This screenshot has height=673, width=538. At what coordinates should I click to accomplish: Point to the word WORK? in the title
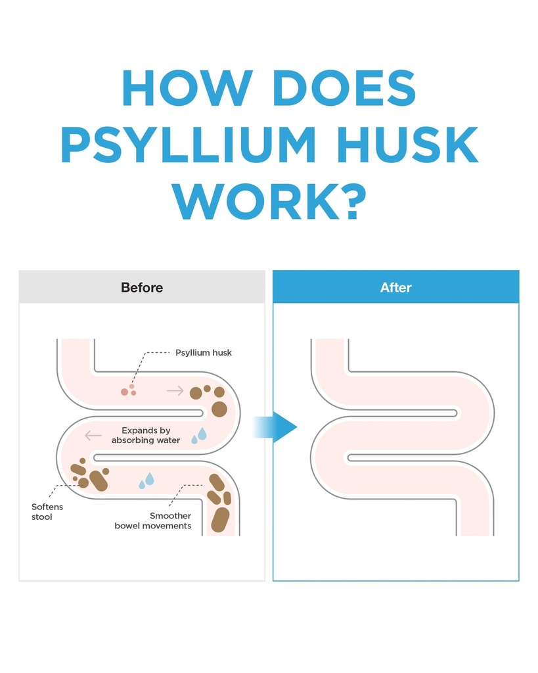coord(269,201)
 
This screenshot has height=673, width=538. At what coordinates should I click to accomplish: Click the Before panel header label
coord(142,287)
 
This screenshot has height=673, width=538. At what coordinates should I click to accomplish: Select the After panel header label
coord(395,287)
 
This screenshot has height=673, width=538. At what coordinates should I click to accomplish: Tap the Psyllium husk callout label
coord(204,353)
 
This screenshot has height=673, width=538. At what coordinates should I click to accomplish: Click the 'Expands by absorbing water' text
coord(146,435)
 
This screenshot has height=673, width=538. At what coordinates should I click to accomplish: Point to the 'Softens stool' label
coord(47,511)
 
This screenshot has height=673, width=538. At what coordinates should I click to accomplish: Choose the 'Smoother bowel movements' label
coord(153,521)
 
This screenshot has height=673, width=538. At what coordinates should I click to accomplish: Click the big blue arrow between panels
coord(275,427)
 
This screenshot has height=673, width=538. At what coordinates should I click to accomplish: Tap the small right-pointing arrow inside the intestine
coord(175,390)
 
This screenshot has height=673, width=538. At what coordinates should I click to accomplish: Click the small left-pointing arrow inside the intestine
coord(93,436)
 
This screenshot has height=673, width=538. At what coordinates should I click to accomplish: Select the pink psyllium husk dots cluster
coord(129,390)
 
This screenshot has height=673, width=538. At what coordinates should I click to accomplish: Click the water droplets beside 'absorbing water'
coord(199,435)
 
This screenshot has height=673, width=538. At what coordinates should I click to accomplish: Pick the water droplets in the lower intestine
coord(146,480)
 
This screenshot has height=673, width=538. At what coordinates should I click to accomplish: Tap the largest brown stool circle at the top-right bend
coord(219,409)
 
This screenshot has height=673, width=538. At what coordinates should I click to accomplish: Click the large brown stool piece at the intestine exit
coord(221,520)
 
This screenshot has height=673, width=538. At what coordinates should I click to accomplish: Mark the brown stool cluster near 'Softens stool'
coord(89,475)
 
